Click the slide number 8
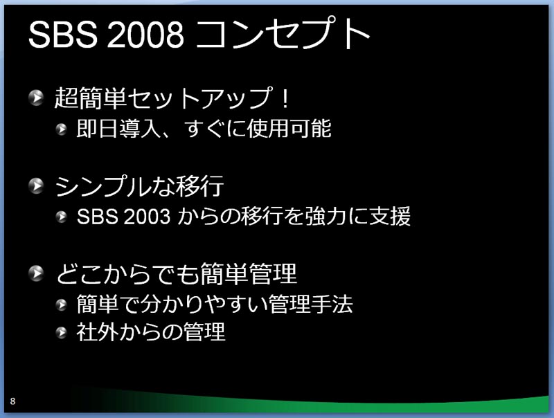[12, 401]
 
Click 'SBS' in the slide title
[63, 35]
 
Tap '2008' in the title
[145, 35]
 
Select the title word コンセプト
[283, 33]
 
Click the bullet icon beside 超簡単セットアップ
[36, 98]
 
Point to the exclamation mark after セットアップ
[285, 98]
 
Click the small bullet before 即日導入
[62, 129]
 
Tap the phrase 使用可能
[289, 128]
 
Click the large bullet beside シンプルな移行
[36, 185]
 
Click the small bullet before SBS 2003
[62, 217]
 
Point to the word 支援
[390, 216]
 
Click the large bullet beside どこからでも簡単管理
[36, 273]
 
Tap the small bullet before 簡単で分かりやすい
[62, 305]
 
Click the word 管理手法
[310, 304]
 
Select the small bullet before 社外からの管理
[62, 332]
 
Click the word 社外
[98, 332]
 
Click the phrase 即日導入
[118, 128]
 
